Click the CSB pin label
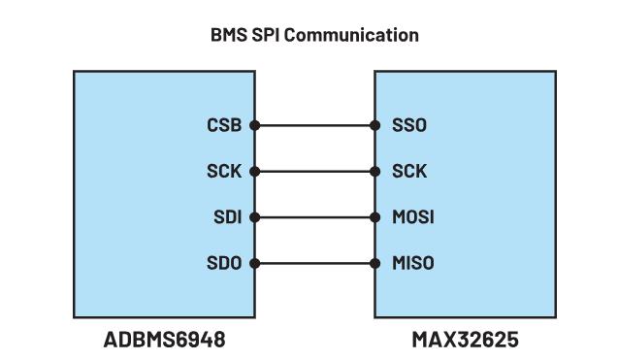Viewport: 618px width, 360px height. pyautogui.click(x=225, y=125)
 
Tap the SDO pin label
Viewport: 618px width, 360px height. pyautogui.click(x=226, y=263)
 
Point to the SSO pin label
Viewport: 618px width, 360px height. pyautogui.click(x=407, y=125)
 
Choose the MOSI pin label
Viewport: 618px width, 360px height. pyautogui.click(x=411, y=217)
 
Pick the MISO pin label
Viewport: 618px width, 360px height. pyautogui.click(x=411, y=263)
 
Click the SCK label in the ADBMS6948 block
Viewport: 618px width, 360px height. pyautogui.click(x=226, y=172)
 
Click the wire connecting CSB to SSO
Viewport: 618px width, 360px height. pyautogui.click(x=314, y=125)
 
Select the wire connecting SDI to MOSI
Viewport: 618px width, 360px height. pyautogui.click(x=314, y=217)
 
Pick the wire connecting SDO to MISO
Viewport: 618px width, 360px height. pyautogui.click(x=314, y=263)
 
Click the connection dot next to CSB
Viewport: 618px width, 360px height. pyautogui.click(x=254, y=125)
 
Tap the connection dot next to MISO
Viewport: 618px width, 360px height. pyautogui.click(x=375, y=263)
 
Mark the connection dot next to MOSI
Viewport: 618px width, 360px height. pyautogui.click(x=375, y=217)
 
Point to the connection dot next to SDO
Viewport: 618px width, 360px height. pyautogui.click(x=254, y=263)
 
